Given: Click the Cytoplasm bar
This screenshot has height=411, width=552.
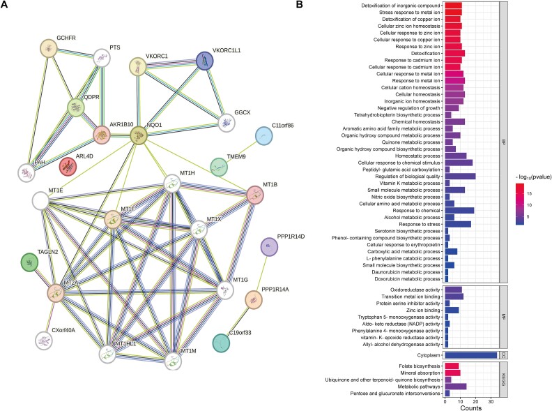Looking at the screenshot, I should [x=471, y=354].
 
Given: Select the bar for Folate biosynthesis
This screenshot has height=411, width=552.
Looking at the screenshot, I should [x=452, y=366].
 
